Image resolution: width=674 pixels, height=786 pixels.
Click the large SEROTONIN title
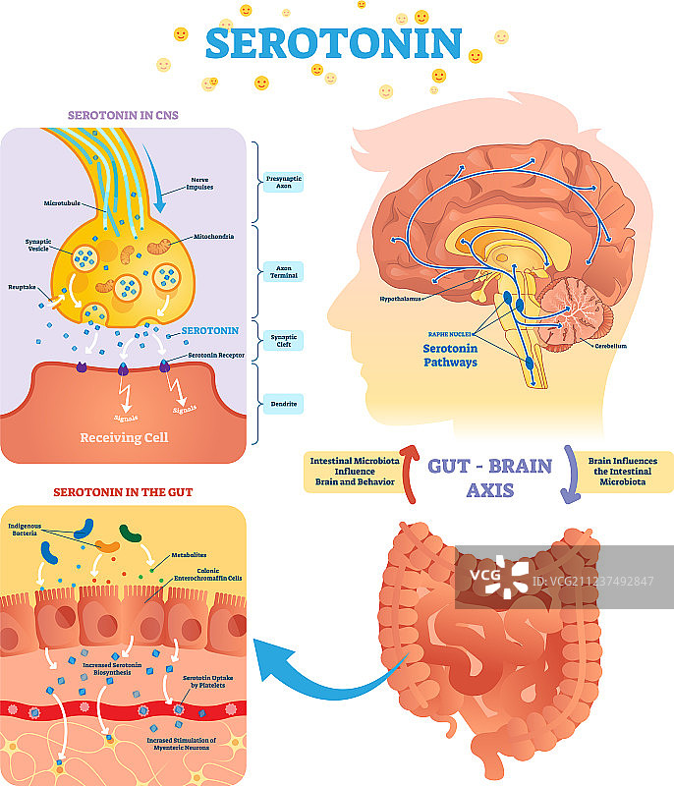click(x=333, y=43)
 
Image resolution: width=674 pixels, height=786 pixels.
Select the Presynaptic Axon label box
click(x=283, y=181)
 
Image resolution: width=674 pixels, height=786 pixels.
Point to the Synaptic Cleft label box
click(x=283, y=340)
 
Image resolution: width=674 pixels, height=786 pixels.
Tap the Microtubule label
click(x=61, y=203)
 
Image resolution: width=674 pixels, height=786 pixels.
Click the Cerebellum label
click(x=609, y=346)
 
